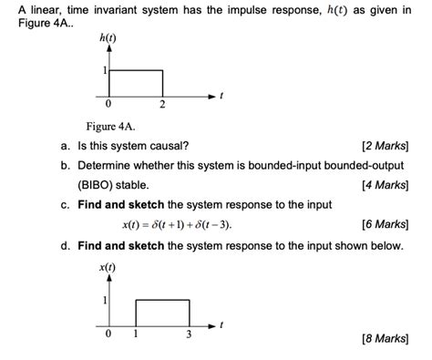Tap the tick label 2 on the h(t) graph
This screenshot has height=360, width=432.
pyautogui.click(x=162, y=107)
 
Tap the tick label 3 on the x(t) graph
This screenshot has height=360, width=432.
pyautogui.click(x=189, y=335)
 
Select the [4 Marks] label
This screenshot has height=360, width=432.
pyautogui.click(x=384, y=185)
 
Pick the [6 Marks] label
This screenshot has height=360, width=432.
pyautogui.click(x=384, y=224)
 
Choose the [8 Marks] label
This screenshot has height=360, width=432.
pyautogui.click(x=384, y=339)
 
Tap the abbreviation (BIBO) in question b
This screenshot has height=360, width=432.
pyautogui.click(x=98, y=185)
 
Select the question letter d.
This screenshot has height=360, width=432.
pyautogui.click(x=66, y=246)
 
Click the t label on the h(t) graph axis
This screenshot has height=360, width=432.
pyautogui.click(x=222, y=95)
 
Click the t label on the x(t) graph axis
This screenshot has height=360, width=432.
pyautogui.click(x=222, y=324)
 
